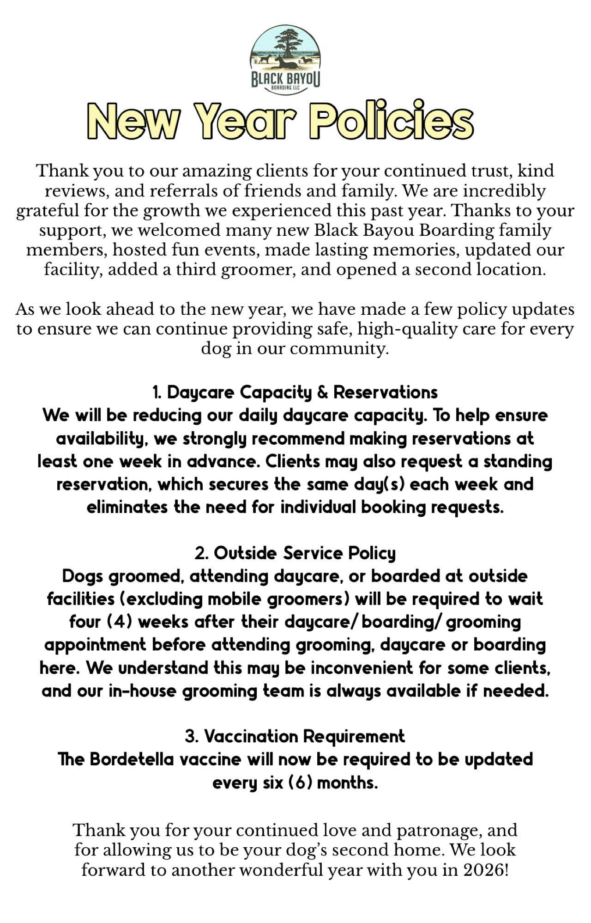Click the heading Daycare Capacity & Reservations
click(295, 392)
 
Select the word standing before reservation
click(518, 461)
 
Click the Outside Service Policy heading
click(295, 553)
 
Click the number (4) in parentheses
click(120, 622)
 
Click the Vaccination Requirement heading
click(295, 736)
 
